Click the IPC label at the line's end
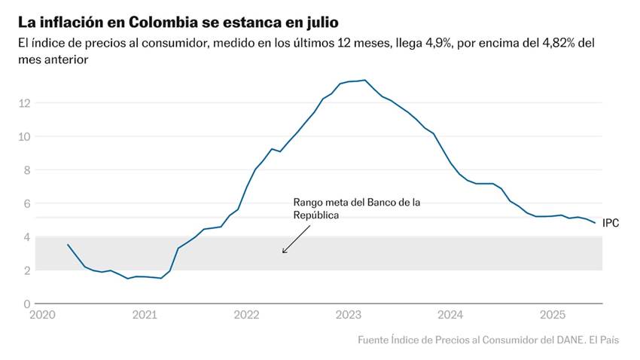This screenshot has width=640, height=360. point(611,224)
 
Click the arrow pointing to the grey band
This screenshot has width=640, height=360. point(295,240)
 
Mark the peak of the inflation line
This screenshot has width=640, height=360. point(365,80)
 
